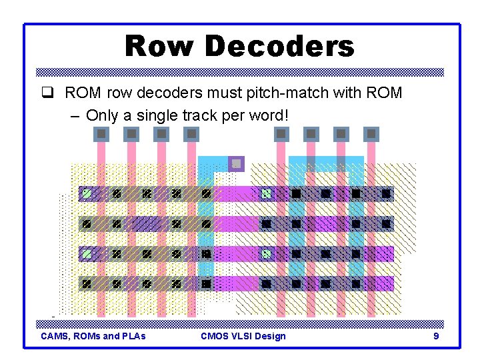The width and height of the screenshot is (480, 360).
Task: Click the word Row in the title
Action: (161, 47)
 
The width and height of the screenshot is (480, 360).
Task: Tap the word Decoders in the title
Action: (279, 47)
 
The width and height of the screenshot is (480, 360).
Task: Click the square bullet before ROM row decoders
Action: (55, 93)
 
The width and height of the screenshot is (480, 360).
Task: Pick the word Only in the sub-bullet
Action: (102, 115)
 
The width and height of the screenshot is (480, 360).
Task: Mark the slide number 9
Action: (436, 336)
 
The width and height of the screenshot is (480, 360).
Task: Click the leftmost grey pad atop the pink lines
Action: (101, 134)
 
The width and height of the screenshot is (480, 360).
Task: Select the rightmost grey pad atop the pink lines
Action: (371, 134)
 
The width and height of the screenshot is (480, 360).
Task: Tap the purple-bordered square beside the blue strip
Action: (236, 163)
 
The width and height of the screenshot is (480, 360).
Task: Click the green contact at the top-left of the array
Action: (86, 194)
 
